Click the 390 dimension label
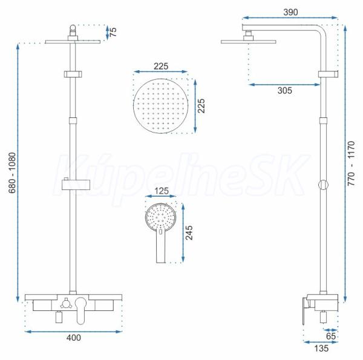click(x=290, y=12)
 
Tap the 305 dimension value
click(x=285, y=90)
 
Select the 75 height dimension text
click(x=113, y=32)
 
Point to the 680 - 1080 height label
click(x=12, y=172)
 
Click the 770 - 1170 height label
click(x=351, y=163)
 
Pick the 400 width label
click(x=74, y=338)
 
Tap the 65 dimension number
click(x=331, y=336)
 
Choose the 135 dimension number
click(x=321, y=348)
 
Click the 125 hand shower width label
click(x=162, y=191)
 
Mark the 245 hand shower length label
click(x=189, y=233)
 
